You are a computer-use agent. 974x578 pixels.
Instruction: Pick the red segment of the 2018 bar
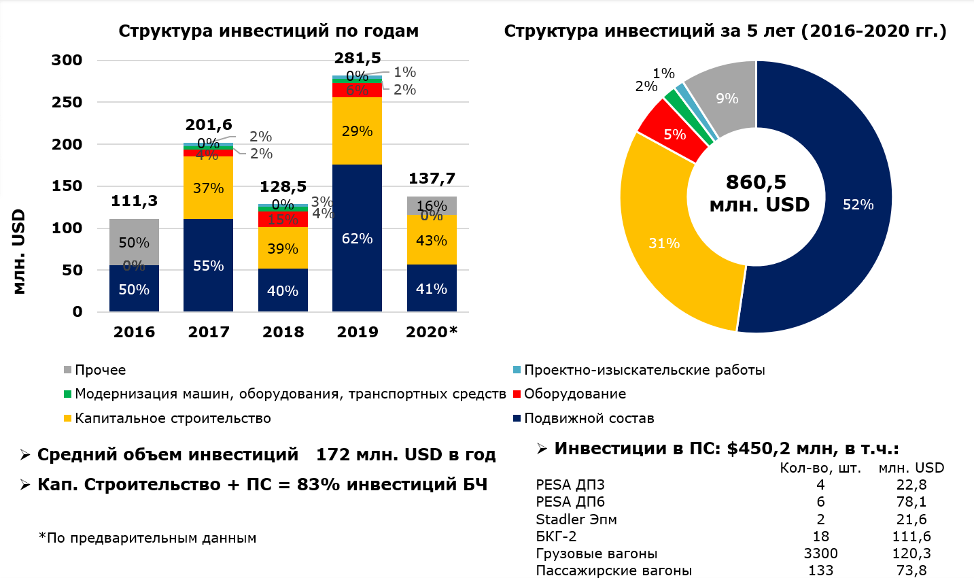[x=283, y=219]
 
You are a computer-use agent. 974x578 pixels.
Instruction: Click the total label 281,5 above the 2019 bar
[x=358, y=58]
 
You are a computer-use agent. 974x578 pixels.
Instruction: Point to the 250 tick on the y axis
[x=67, y=102]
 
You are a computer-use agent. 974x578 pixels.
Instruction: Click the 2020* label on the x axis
[x=432, y=332]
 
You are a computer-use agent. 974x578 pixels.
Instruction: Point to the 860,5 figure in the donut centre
[x=756, y=182]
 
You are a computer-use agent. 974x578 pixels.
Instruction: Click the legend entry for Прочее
[x=100, y=370]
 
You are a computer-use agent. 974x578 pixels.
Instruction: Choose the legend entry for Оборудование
[x=574, y=394]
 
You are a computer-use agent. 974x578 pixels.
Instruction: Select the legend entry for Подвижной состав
[x=589, y=418]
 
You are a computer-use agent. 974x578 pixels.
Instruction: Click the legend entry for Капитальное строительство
[x=173, y=418]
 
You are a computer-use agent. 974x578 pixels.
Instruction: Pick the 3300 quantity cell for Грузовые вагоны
[x=820, y=554]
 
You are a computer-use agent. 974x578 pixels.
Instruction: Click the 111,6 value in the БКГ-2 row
[x=911, y=537]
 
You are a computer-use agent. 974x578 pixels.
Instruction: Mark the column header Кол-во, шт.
[x=820, y=468]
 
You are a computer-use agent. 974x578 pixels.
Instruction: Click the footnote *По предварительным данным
[x=147, y=538]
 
